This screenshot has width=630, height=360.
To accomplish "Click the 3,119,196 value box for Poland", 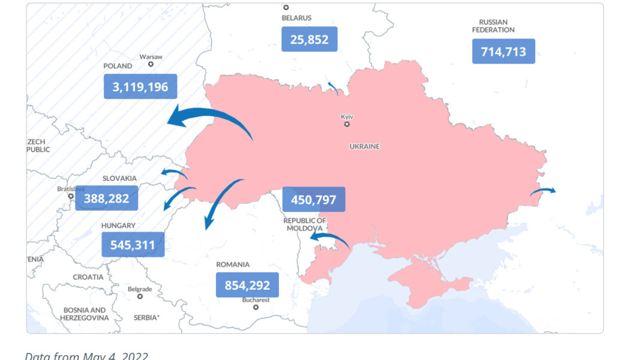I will [x=140, y=86].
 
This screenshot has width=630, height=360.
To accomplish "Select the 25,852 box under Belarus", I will [x=309, y=39].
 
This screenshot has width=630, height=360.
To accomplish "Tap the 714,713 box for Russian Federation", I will [x=503, y=51].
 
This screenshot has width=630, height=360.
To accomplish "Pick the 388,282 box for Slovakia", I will [x=106, y=198].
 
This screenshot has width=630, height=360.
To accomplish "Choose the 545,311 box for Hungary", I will [x=133, y=245].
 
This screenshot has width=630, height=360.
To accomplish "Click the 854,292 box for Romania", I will [x=247, y=285].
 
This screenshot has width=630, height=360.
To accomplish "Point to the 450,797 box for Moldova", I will [x=313, y=199].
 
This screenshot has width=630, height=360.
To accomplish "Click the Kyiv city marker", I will [x=347, y=124].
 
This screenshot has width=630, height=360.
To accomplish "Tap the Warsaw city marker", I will [x=151, y=64].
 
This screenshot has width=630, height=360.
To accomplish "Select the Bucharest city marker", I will [x=256, y=307].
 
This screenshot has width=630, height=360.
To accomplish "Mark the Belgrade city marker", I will [x=140, y=296].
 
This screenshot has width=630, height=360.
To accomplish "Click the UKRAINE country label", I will [x=365, y=146].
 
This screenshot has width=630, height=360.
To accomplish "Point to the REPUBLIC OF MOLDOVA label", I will [x=305, y=224].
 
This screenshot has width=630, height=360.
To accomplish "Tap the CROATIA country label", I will [x=88, y=277].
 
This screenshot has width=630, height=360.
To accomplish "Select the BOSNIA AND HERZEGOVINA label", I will [x=85, y=314].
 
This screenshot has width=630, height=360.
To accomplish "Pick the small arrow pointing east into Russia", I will [x=543, y=191].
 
